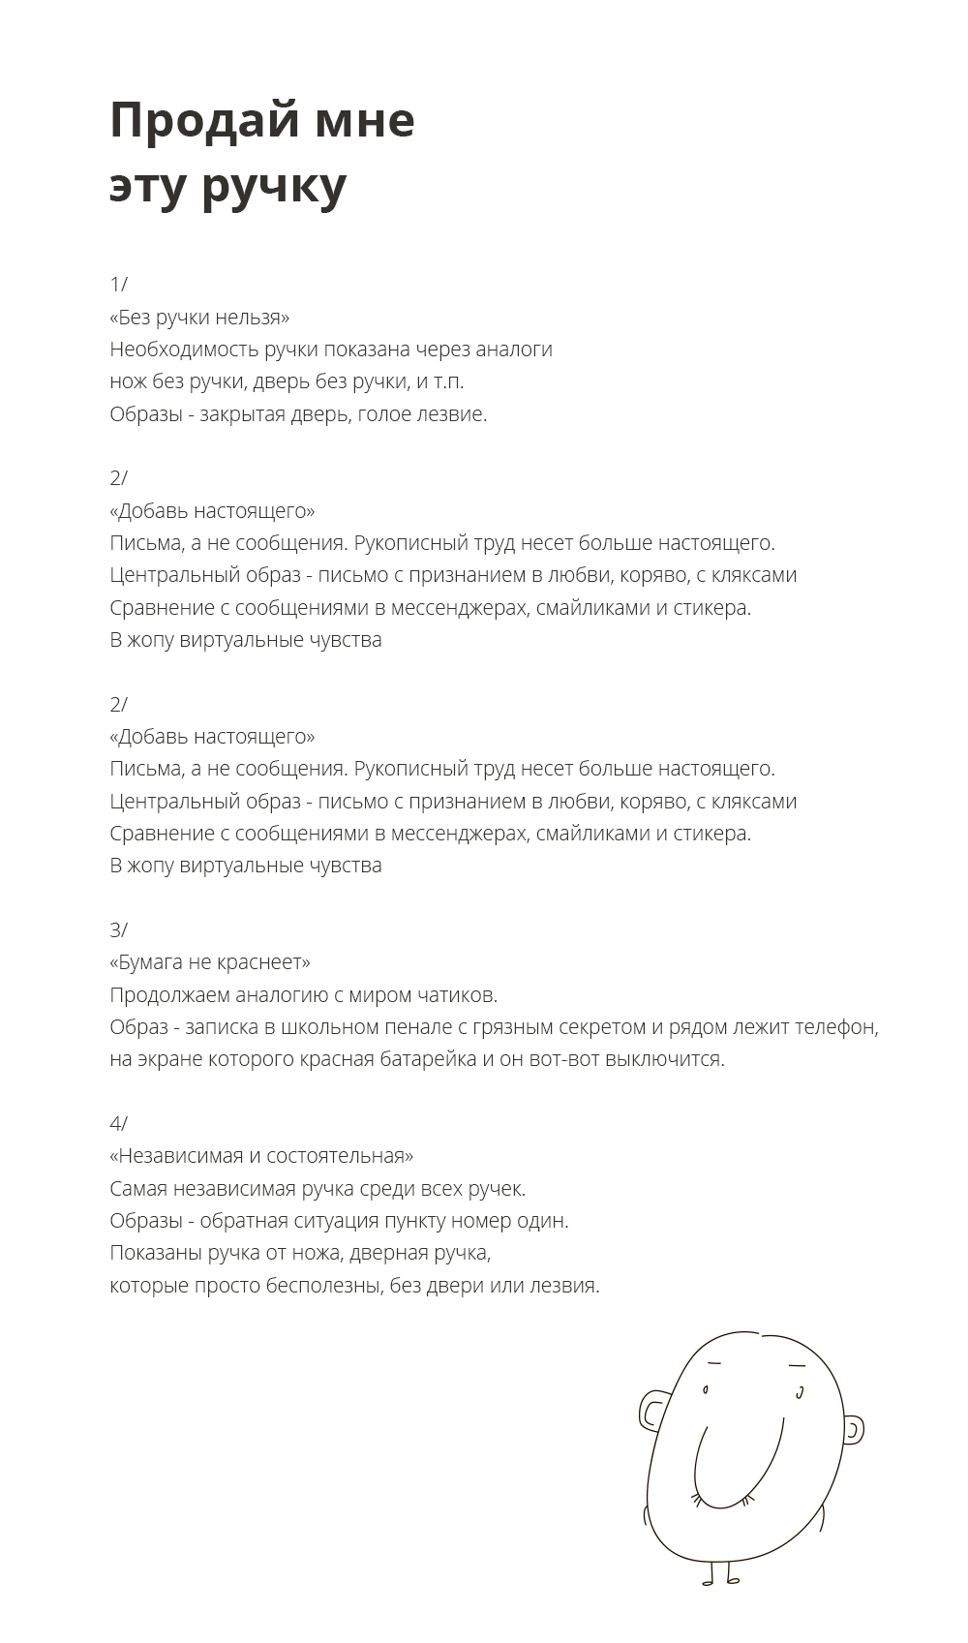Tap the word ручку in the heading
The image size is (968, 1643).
click(x=274, y=188)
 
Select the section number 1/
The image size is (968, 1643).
click(x=118, y=285)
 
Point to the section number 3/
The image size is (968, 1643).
click(x=118, y=930)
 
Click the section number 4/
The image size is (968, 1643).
click(x=118, y=1124)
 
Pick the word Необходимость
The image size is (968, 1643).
click(x=184, y=350)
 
